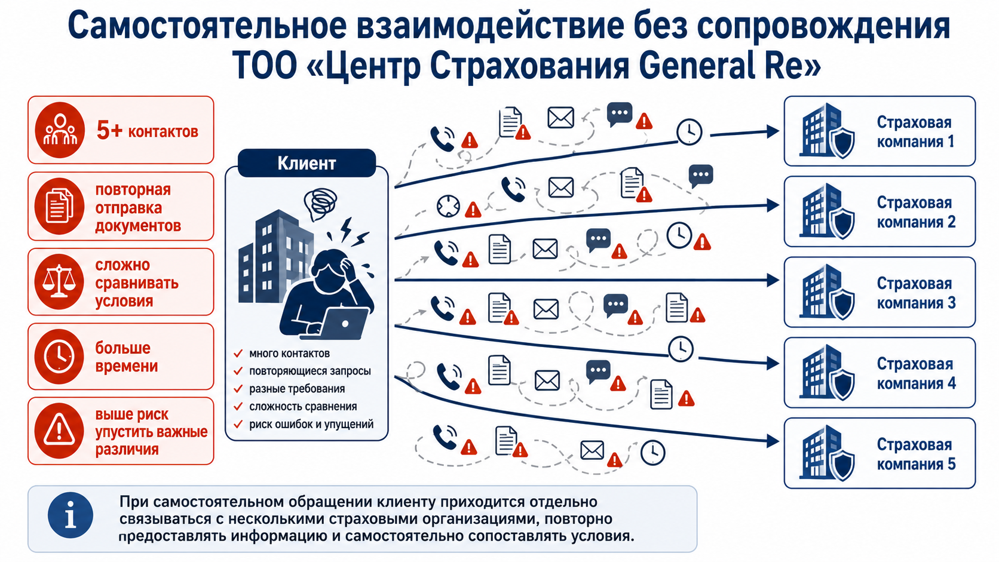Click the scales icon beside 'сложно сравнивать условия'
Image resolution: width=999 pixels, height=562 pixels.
(59, 282)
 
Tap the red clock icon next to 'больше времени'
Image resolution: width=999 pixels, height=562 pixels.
(59, 357)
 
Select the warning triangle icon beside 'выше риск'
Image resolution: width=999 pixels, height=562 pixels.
(59, 431)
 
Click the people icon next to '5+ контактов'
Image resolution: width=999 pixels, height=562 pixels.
(59, 130)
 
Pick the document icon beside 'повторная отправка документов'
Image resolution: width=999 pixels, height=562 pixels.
(59, 207)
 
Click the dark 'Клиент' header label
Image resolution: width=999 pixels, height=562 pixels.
(307, 163)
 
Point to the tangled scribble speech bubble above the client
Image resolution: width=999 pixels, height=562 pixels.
(320, 204)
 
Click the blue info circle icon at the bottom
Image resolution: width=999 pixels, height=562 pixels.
(71, 515)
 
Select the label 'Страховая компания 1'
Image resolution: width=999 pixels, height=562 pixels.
(915, 132)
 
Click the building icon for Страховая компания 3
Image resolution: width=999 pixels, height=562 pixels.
(826, 292)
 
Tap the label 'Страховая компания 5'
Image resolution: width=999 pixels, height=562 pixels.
(916, 454)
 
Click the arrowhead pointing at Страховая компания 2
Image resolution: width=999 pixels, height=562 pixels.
(773, 205)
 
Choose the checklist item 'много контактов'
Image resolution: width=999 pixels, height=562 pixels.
(289, 354)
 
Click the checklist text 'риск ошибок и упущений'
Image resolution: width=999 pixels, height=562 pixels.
(311, 424)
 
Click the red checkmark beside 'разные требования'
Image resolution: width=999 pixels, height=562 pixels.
(238, 389)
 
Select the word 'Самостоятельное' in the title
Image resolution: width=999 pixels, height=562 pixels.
(207, 26)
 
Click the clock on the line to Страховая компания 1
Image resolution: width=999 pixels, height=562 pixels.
(689, 131)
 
